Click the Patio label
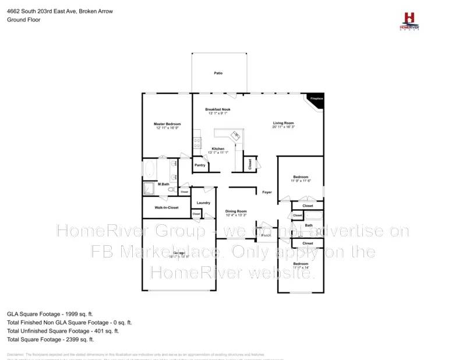click(218, 73)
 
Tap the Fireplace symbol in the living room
click(316, 100)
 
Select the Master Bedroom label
click(167, 124)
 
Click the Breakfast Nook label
click(217, 110)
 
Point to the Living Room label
click(284, 123)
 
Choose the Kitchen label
click(218, 149)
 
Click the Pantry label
click(200, 165)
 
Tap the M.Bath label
click(163, 184)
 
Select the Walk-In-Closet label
click(166, 207)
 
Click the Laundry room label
click(203, 203)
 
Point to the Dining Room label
click(236, 211)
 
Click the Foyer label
click(267, 192)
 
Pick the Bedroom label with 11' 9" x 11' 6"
click(301, 177)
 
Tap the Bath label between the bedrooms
click(309, 225)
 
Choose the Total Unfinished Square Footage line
click(63, 330)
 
